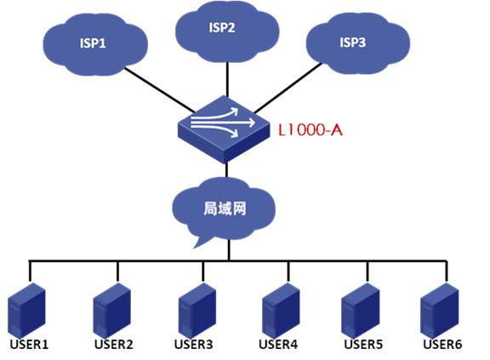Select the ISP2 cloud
point(227,31)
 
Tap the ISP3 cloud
point(358,43)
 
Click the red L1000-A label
point(311,129)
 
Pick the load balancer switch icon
point(224,129)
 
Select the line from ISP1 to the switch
point(159,90)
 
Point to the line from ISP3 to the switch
point(288,89)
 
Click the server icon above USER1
point(26,311)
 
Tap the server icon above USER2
point(112,311)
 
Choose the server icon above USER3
point(197,311)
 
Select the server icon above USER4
point(281,311)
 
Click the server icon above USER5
point(361,311)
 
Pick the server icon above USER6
point(439,311)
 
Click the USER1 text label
point(29,345)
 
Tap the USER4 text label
point(278,345)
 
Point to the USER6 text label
point(442,345)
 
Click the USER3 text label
point(193,345)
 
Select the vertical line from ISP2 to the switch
point(227,80)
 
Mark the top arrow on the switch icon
point(214,114)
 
